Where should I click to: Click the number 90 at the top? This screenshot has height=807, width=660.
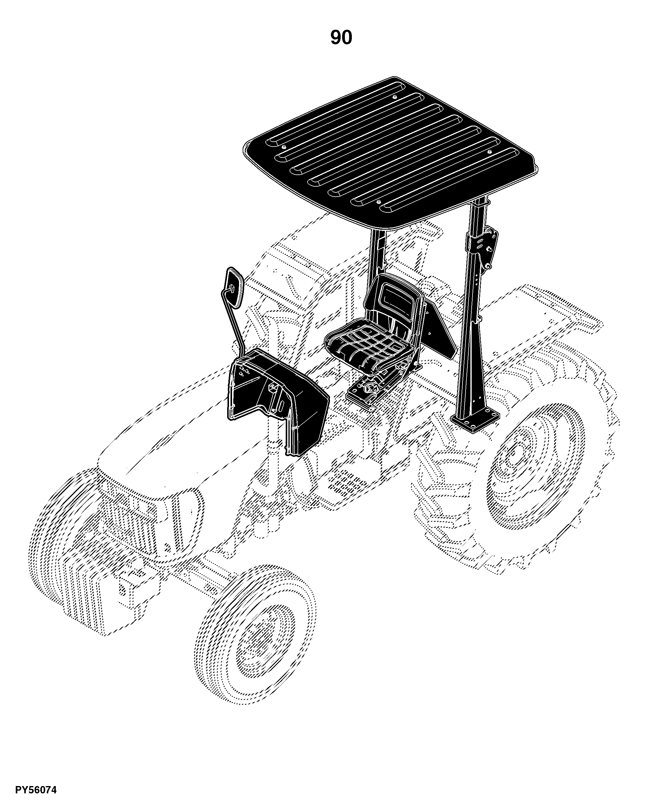341,38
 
